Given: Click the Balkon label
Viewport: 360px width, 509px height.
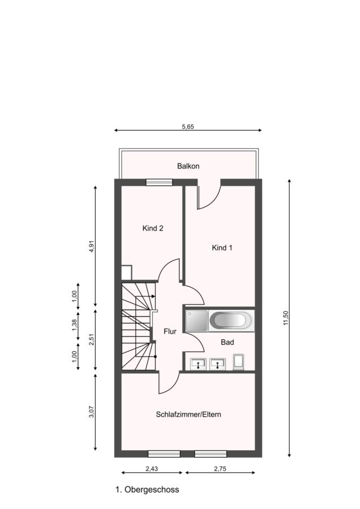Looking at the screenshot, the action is pyautogui.click(x=188, y=166).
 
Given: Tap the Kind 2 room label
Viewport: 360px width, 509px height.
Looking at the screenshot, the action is pyautogui.click(x=153, y=228).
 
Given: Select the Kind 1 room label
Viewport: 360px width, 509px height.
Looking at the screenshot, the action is pyautogui.click(x=222, y=248).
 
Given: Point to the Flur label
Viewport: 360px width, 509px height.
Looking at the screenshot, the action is pyautogui.click(x=170, y=331).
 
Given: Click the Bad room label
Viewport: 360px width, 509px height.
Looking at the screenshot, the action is pyautogui.click(x=227, y=342).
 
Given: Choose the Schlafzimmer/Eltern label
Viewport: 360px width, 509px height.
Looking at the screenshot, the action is pyautogui.click(x=188, y=415).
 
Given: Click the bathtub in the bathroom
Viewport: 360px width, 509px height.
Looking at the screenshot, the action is pyautogui.click(x=231, y=321).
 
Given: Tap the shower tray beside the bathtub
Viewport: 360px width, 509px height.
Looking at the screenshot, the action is pyautogui.click(x=196, y=321).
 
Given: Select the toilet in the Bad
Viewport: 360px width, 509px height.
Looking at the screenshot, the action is pyautogui.click(x=238, y=363).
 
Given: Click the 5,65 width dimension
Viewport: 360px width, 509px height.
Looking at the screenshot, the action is pyautogui.click(x=188, y=127).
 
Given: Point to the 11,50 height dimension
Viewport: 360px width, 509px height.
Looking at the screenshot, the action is pyautogui.click(x=286, y=318).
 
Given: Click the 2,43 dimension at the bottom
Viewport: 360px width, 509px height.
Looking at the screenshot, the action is pyautogui.click(x=152, y=468).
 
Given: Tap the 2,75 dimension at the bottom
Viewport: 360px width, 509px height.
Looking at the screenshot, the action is pyautogui.click(x=220, y=468).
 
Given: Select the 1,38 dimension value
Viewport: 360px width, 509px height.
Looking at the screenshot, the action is pyautogui.click(x=74, y=325).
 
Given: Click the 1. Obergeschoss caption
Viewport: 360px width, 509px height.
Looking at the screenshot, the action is pyautogui.click(x=147, y=490).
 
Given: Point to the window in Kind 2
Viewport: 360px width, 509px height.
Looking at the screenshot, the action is pyautogui.click(x=159, y=182).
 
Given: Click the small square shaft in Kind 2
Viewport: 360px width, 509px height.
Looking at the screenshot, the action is pyautogui.click(x=126, y=273).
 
